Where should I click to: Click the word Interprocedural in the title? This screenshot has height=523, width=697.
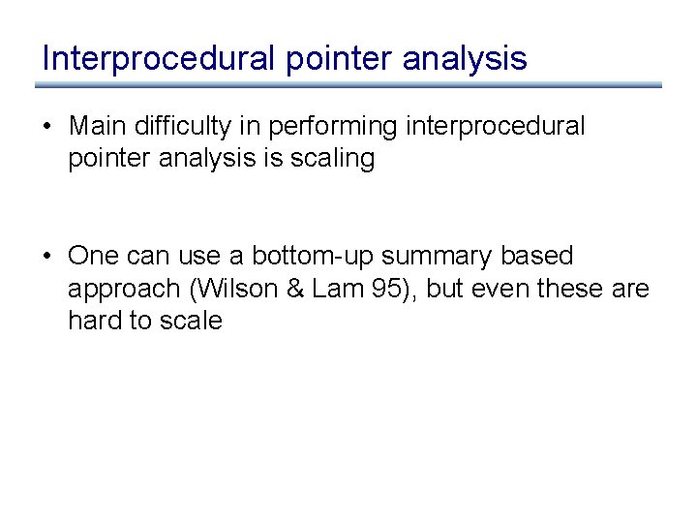[159, 58]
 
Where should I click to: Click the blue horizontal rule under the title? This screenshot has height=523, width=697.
[348, 85]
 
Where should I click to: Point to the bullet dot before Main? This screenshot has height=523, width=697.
[47, 127]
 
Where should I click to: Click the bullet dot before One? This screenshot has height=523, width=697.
[47, 257]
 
